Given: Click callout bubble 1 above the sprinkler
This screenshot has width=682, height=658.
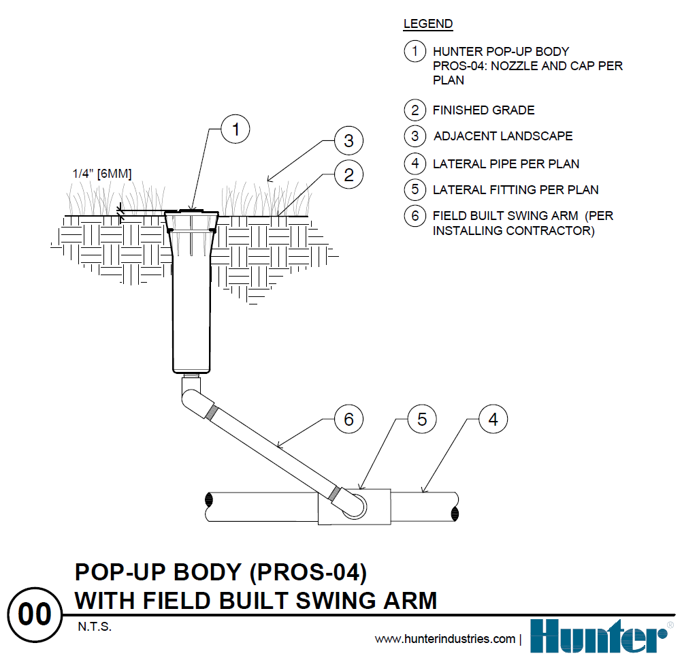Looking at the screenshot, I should click(x=236, y=130).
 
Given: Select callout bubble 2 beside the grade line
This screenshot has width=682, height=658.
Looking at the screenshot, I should click(x=348, y=175).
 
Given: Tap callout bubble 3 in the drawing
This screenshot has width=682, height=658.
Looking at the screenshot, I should click(x=348, y=141).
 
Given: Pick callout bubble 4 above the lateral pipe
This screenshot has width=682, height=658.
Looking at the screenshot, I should click(x=493, y=419).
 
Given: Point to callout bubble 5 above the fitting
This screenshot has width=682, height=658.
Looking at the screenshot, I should click(x=421, y=419).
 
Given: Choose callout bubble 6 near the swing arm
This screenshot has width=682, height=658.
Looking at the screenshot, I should click(x=348, y=419).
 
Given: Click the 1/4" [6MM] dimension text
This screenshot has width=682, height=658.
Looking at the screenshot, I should click(x=102, y=174).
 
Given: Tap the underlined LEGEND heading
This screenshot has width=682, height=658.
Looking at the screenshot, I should click(x=427, y=25).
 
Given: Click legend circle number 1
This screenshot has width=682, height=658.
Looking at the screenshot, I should click(x=415, y=51).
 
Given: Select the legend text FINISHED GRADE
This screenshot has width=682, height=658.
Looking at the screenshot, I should click(x=483, y=110).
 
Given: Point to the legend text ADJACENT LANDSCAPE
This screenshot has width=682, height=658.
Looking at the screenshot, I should click(x=503, y=136).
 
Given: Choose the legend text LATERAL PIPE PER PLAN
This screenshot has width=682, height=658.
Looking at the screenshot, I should click(x=506, y=164).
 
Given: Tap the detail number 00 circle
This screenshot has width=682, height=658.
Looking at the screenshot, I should click(x=35, y=615).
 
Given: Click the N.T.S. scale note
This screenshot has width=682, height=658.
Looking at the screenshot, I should click(x=93, y=627).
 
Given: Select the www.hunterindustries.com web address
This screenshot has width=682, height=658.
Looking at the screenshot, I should click(x=445, y=639).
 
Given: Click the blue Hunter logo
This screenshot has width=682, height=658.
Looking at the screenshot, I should click(x=600, y=636).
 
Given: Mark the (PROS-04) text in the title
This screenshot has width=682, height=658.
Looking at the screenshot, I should click(x=309, y=572).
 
